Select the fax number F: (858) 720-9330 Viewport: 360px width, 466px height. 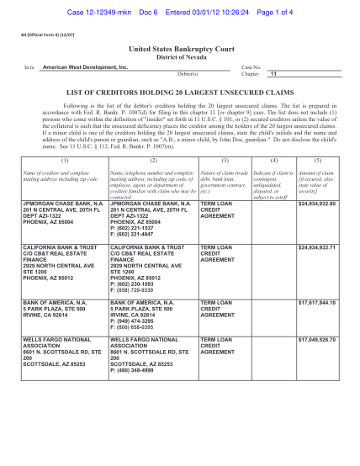point(137,301)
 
